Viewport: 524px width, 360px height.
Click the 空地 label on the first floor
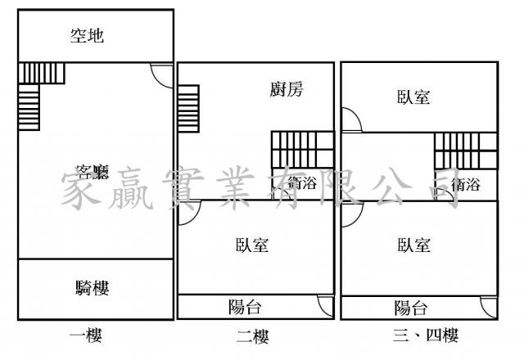click(x=87, y=35)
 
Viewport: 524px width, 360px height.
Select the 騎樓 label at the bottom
click(x=92, y=287)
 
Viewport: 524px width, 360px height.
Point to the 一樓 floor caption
click(x=87, y=335)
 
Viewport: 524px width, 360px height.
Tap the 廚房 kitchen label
click(x=287, y=90)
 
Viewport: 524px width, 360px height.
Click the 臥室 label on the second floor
click(x=252, y=245)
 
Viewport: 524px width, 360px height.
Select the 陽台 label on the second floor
click(x=245, y=308)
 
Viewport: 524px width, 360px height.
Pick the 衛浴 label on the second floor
click(x=300, y=184)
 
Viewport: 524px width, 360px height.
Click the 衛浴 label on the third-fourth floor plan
click(x=463, y=185)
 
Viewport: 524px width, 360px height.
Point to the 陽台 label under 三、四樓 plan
click(x=411, y=308)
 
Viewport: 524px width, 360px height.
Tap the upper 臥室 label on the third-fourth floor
click(x=414, y=97)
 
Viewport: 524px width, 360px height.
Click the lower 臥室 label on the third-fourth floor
click(x=414, y=245)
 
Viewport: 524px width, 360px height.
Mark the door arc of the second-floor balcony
click(x=326, y=307)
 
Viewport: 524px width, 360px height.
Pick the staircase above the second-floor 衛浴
click(x=303, y=149)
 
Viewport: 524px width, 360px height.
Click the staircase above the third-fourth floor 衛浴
click(x=465, y=149)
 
